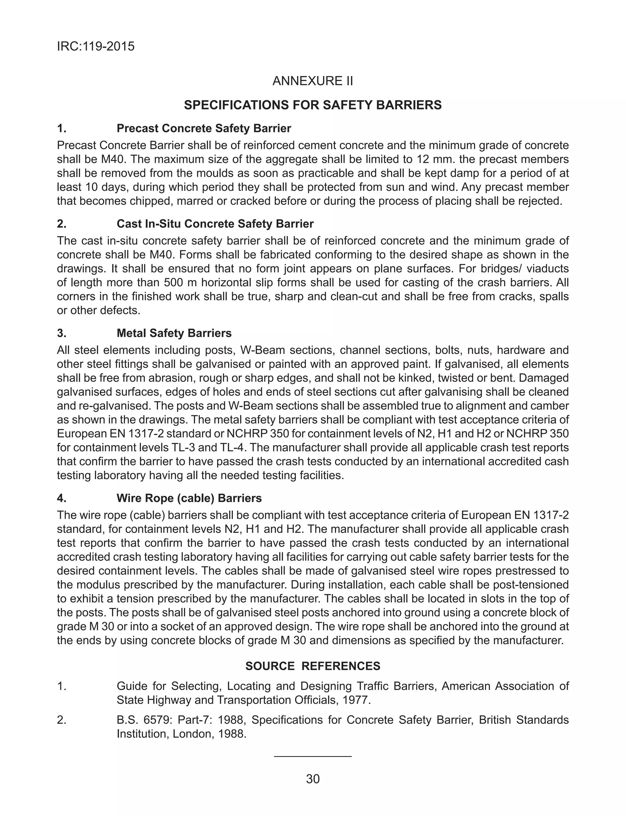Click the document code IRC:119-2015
tap(95, 46)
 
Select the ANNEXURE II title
tap(313, 81)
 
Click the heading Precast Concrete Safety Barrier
tap(204, 128)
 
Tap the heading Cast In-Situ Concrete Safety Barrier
tap(215, 223)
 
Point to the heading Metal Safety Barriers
tap(174, 333)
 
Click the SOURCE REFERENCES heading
tap(313, 666)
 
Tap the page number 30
tap(313, 779)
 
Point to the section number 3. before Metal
tap(61, 333)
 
